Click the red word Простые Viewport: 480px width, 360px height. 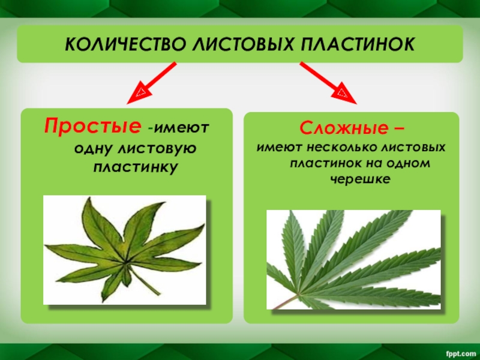pyautogui.click(x=96, y=127)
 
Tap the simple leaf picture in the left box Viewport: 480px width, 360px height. pyautogui.click(x=125, y=250)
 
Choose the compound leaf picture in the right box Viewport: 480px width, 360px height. pyautogui.click(x=353, y=259)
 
